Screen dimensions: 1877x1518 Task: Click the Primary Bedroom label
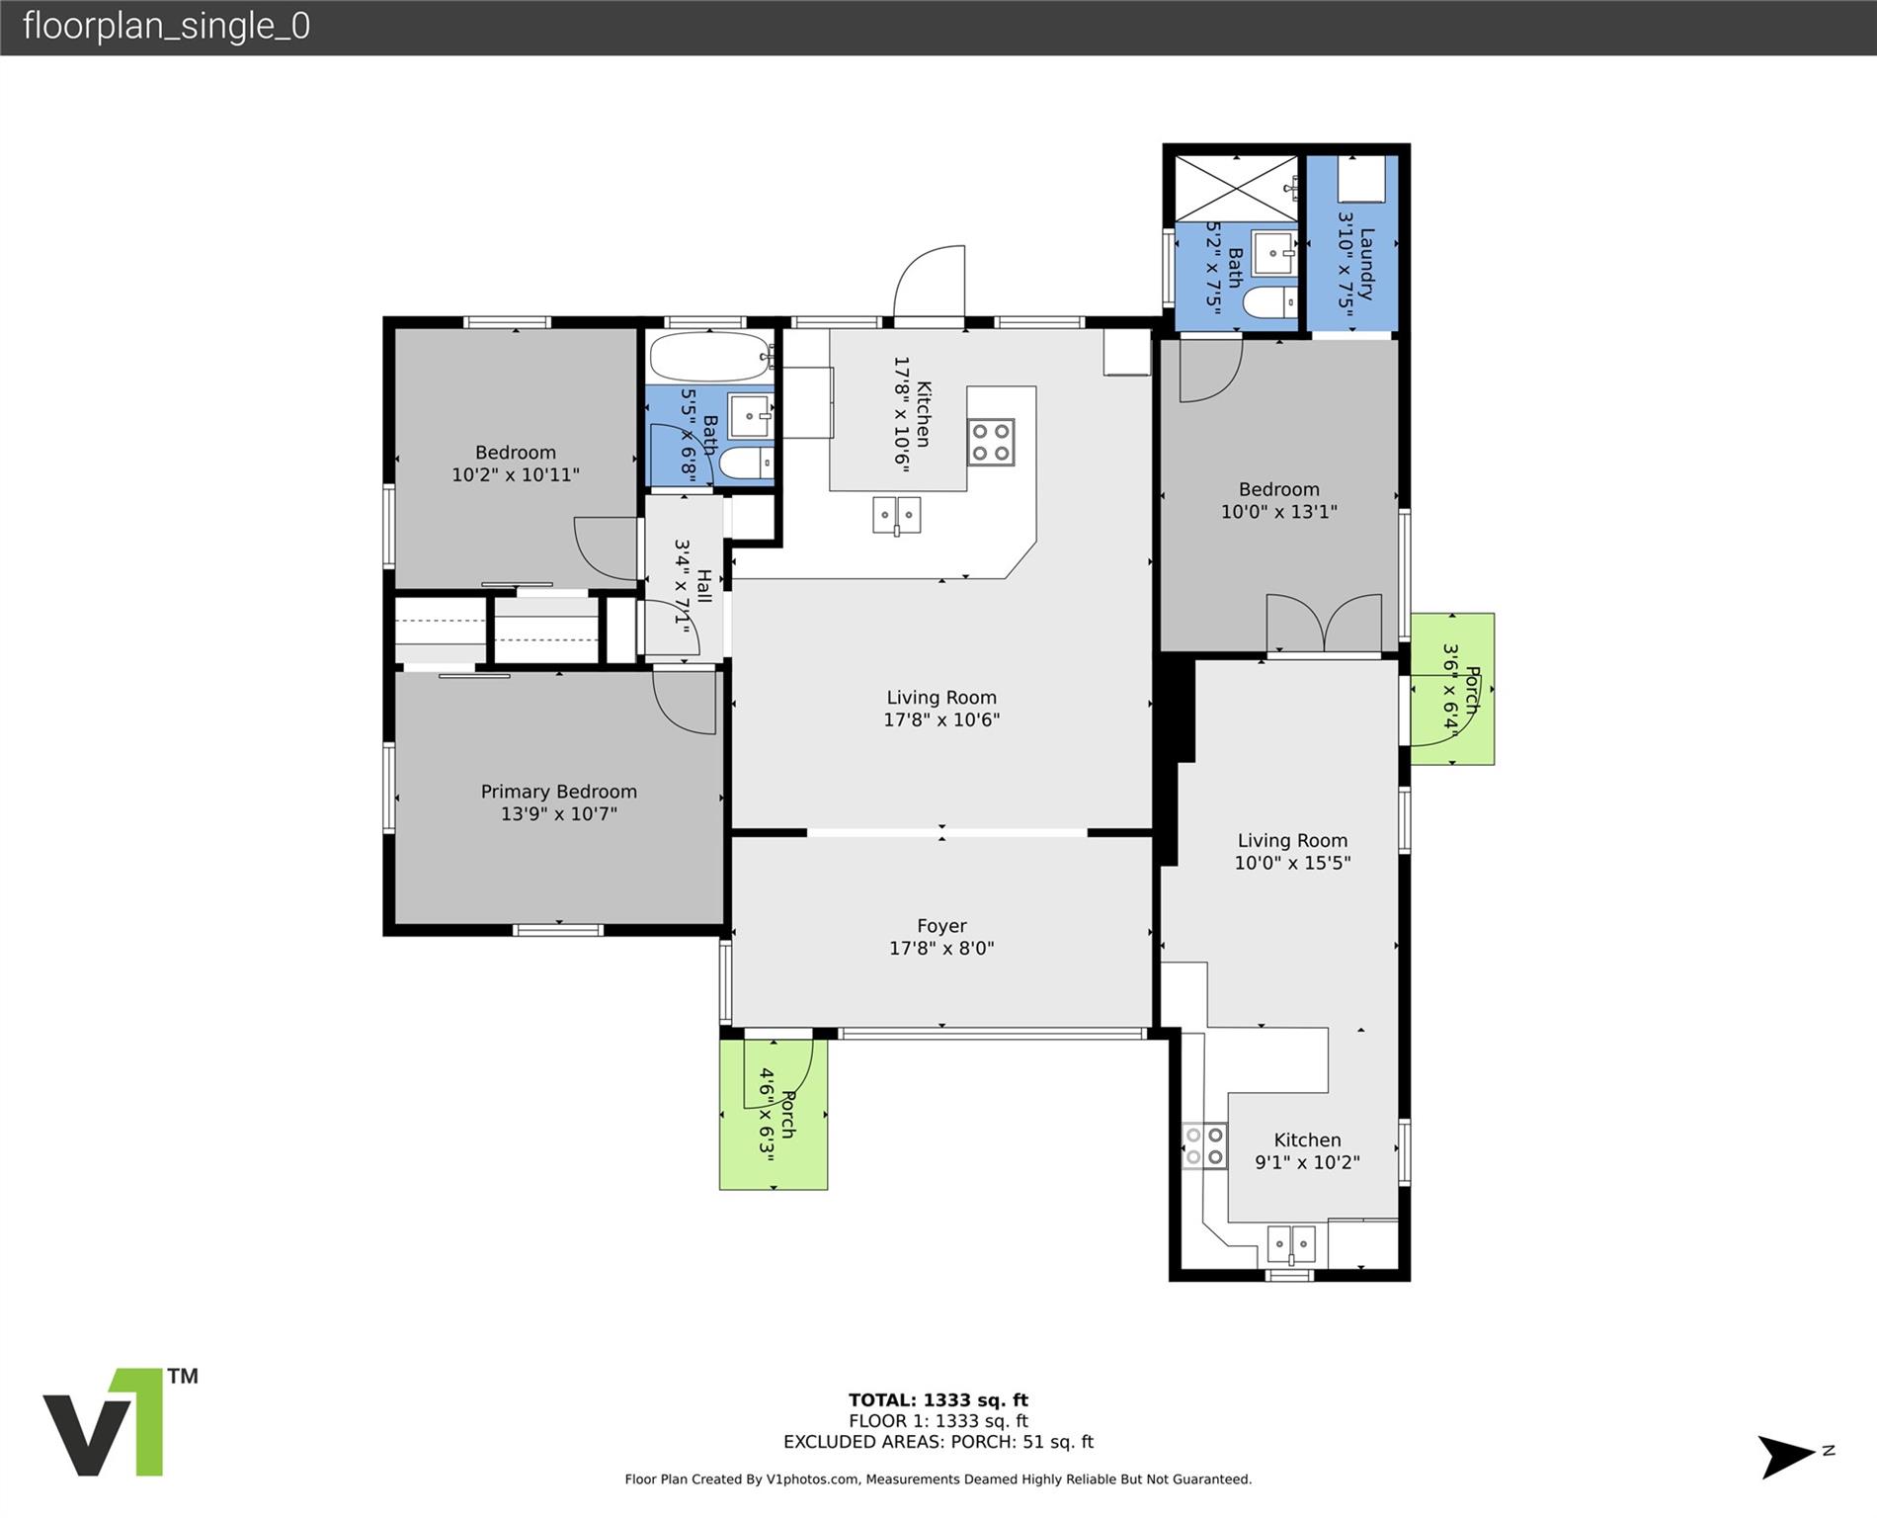coord(558,792)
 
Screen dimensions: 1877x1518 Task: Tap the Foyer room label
coord(941,926)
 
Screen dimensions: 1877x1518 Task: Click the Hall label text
coord(703,585)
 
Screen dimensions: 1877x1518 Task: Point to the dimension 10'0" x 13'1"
coord(1279,512)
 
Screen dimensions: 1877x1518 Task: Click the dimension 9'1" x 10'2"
coord(1307,1162)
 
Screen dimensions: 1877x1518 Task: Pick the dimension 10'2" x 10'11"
coord(516,474)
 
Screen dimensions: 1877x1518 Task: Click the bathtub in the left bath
coord(710,357)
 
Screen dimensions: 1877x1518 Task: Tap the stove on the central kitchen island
coord(991,442)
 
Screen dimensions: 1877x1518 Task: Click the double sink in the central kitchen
coord(897,515)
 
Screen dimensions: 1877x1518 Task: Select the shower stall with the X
coord(1236,188)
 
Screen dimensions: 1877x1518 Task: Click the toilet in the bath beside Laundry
coord(1269,302)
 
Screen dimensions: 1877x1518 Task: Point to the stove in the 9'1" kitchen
coord(1205,1146)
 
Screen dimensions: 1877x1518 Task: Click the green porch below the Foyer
coord(774,1114)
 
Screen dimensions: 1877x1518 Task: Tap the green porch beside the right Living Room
coord(1452,689)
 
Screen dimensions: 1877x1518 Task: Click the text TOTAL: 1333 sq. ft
coord(938,1399)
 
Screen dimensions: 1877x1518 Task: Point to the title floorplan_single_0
coord(166,26)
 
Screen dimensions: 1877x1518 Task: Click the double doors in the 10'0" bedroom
coord(1324,624)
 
